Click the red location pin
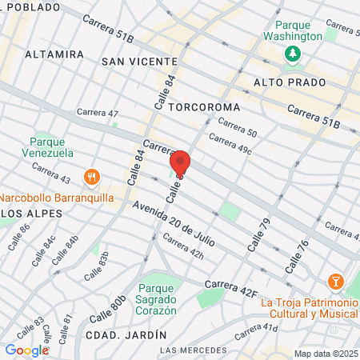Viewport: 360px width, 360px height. pyautogui.click(x=180, y=163)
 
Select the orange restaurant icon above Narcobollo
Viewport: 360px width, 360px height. pyautogui.click(x=94, y=178)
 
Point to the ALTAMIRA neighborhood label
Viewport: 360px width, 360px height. pyautogui.click(x=54, y=54)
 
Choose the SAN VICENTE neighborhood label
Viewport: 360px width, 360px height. pyautogui.click(x=139, y=62)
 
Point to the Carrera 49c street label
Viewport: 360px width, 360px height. pyautogui.click(x=230, y=143)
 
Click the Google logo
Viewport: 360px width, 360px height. pyautogui.click(x=26, y=350)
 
